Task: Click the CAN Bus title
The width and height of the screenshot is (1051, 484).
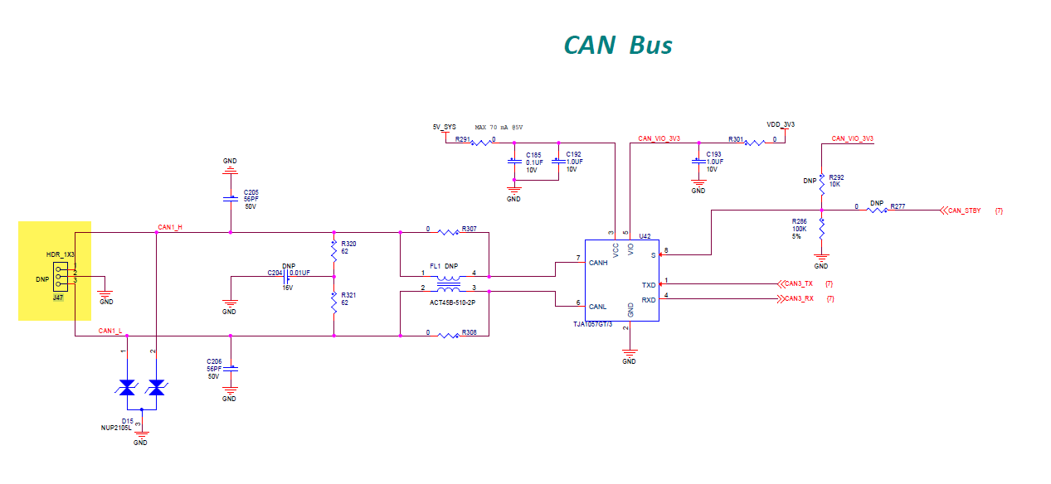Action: [618, 45]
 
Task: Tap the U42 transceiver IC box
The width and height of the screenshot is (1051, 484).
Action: [621, 280]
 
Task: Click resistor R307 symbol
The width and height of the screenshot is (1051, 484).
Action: [447, 233]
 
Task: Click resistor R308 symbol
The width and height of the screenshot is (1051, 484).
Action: [447, 336]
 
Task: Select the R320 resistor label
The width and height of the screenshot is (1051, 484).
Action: [348, 244]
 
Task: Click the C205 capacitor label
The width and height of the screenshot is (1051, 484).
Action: [251, 191]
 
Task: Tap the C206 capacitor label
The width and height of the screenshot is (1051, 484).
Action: [215, 361]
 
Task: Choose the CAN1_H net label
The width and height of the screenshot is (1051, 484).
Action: [170, 226]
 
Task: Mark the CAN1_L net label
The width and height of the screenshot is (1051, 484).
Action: [110, 331]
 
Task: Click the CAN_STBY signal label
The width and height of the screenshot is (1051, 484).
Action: [964, 211]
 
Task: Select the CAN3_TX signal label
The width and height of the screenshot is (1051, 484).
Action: [799, 284]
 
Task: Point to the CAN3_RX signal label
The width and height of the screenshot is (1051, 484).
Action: [799, 298]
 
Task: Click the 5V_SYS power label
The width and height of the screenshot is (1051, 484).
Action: [444, 127]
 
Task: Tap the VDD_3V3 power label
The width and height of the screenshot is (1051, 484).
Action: [781, 124]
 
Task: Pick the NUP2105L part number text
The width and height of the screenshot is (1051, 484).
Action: [117, 428]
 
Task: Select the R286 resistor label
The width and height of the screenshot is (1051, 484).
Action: [799, 221]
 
